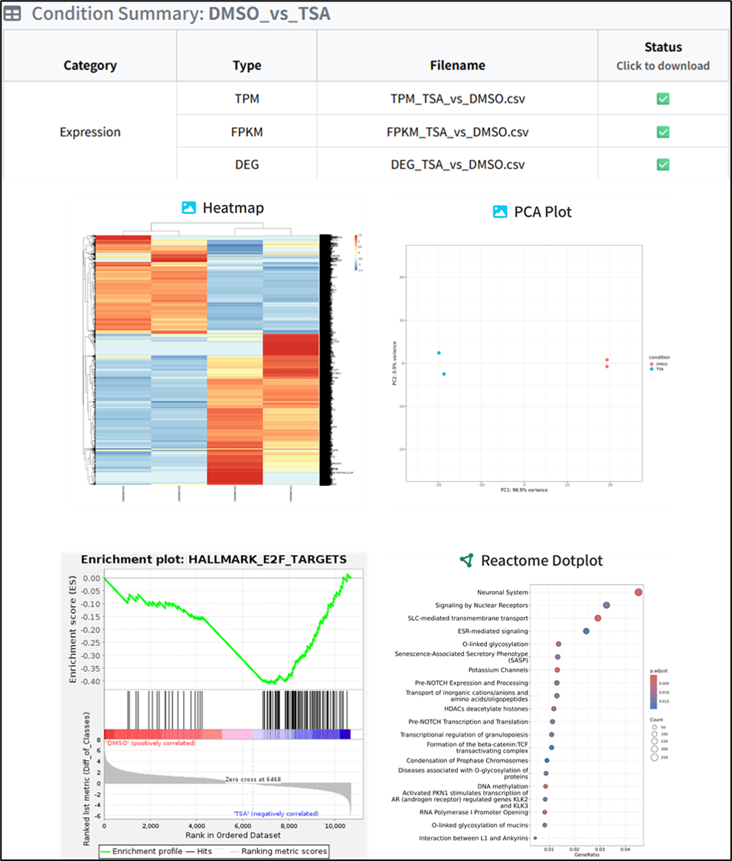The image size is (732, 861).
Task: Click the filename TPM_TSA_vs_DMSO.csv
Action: [x=457, y=99]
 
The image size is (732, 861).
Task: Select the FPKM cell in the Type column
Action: [x=247, y=132]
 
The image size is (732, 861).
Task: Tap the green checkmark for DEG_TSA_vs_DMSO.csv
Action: [x=663, y=164]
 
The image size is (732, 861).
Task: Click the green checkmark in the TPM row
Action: [x=663, y=99]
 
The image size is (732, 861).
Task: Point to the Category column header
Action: [x=90, y=65]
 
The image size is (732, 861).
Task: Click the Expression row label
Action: [x=90, y=132]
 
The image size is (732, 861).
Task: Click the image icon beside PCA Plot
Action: [x=500, y=211]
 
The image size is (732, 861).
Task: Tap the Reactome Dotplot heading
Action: [x=541, y=560]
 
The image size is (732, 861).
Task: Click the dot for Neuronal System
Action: [x=639, y=592]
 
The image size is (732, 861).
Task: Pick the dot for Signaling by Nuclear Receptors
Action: [x=606, y=605]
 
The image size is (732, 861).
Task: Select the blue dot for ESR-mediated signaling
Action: [x=586, y=631]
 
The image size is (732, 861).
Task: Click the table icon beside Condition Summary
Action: [x=14, y=14]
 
